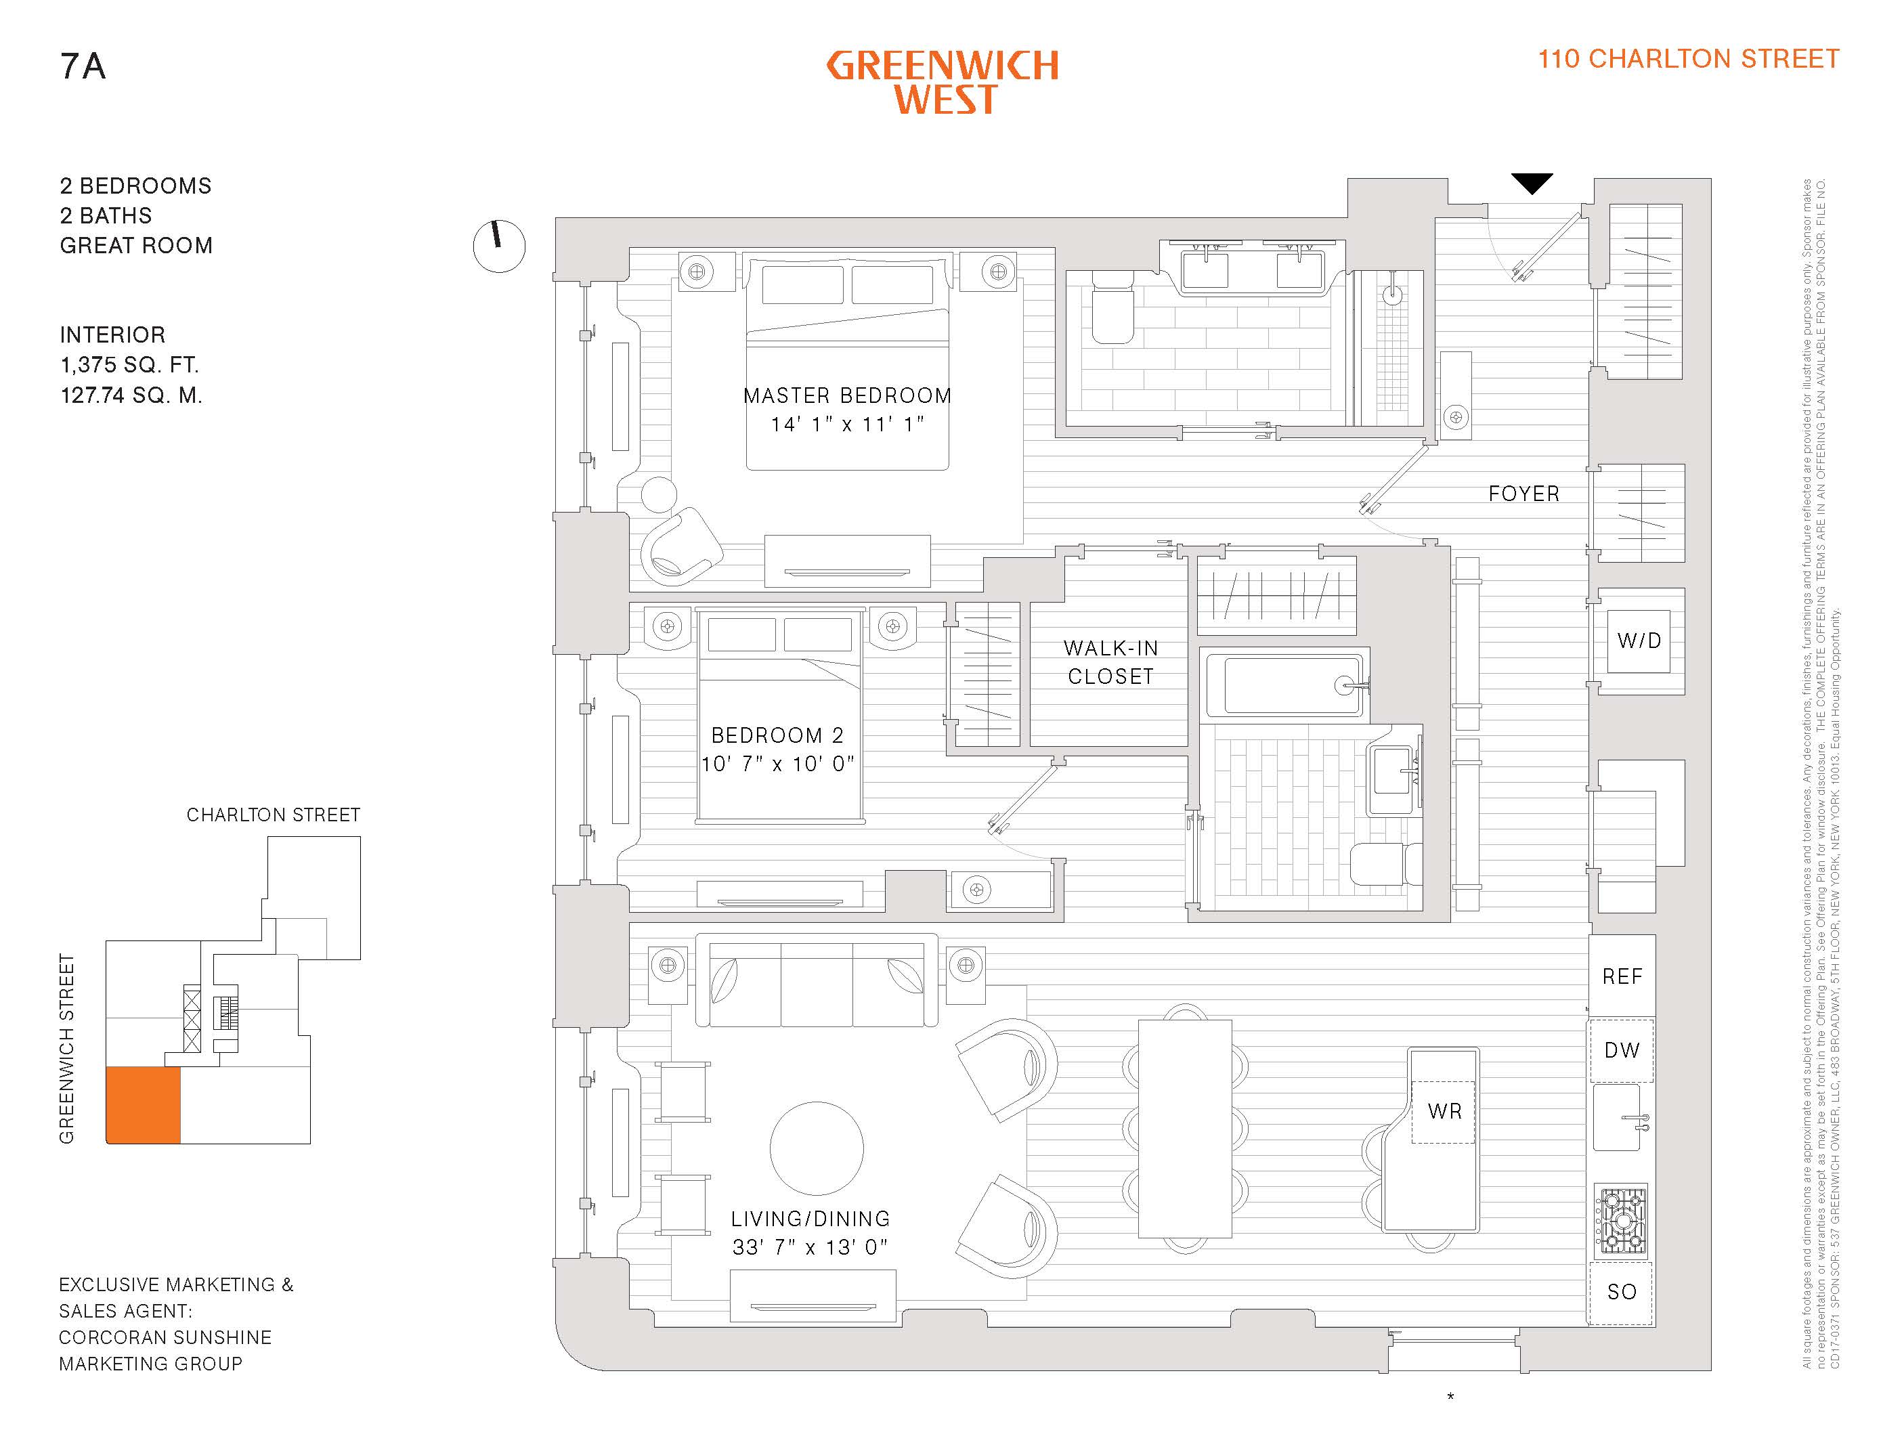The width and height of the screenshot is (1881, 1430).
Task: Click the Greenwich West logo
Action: click(x=943, y=82)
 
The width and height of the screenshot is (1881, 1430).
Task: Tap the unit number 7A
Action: click(x=83, y=66)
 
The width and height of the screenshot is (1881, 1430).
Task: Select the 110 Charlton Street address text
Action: click(x=1688, y=59)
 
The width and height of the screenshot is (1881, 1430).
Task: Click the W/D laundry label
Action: click(x=1639, y=641)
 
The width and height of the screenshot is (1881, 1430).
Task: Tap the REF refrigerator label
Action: click(x=1622, y=976)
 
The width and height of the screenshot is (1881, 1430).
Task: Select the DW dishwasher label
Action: click(x=1622, y=1050)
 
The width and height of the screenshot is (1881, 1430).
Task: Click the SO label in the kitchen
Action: click(x=1622, y=1292)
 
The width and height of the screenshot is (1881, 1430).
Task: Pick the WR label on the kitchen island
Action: click(x=1444, y=1111)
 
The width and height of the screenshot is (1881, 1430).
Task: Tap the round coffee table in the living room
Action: click(x=816, y=1148)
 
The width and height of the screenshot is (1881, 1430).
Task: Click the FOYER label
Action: click(x=1523, y=494)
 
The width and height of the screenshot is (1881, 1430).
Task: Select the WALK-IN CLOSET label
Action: click(x=1110, y=662)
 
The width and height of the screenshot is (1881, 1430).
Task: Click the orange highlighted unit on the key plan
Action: click(x=143, y=1105)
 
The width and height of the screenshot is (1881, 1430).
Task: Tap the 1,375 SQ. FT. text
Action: click(x=129, y=365)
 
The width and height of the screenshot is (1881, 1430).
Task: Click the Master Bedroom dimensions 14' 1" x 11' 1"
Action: click(x=847, y=424)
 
